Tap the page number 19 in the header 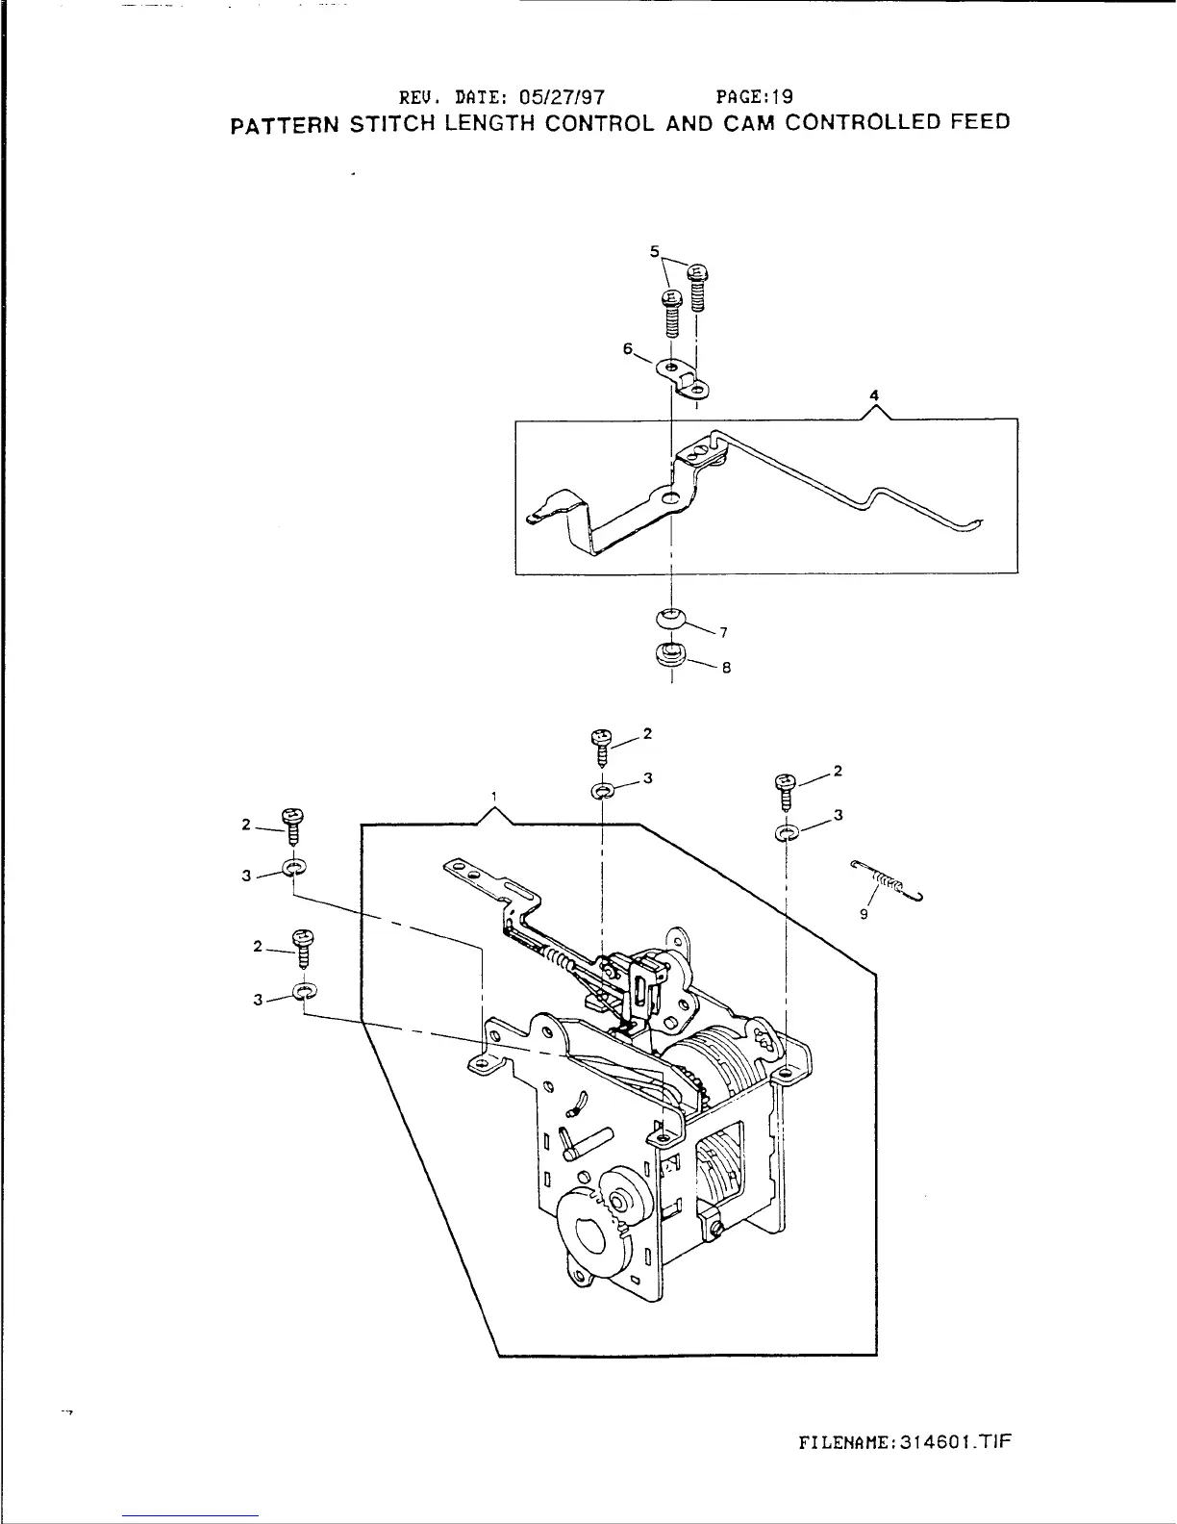[781, 96]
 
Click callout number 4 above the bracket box [874, 394]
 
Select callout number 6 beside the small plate [627, 350]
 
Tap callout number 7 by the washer [723, 632]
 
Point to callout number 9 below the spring [864, 915]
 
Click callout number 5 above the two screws [655, 252]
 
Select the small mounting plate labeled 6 [687, 377]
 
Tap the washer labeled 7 [671, 616]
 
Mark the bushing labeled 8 [670, 655]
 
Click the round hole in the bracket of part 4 [670, 497]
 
